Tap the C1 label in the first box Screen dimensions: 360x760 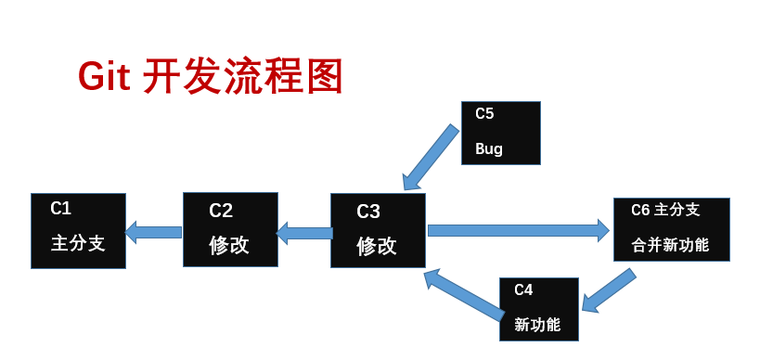click(x=61, y=209)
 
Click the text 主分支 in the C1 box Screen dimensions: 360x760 click(x=78, y=244)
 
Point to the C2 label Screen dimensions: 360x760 click(x=221, y=210)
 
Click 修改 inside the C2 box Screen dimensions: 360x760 click(x=229, y=245)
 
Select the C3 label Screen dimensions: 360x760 click(x=368, y=212)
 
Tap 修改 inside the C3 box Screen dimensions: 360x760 click(x=377, y=247)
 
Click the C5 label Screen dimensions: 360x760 click(x=484, y=114)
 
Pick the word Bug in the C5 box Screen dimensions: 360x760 click(x=489, y=148)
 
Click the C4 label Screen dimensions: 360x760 click(x=523, y=289)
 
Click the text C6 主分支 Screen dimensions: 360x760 click(x=665, y=211)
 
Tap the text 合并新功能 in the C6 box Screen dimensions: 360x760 click(x=670, y=246)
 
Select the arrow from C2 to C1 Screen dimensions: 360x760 click(x=154, y=231)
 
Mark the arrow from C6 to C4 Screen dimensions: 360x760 click(x=609, y=290)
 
